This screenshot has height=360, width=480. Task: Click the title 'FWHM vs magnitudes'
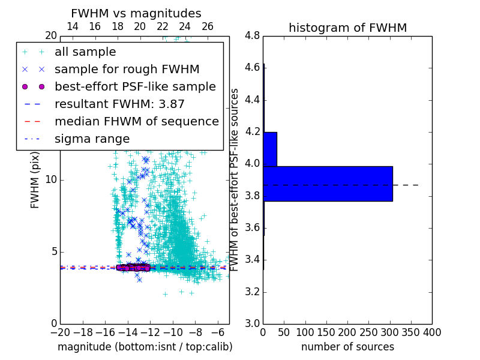[136, 13]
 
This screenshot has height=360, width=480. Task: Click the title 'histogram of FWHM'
[347, 28]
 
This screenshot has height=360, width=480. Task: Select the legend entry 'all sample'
[85, 52]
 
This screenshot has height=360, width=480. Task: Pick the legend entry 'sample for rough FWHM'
[127, 69]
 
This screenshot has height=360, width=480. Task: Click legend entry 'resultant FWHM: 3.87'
[119, 104]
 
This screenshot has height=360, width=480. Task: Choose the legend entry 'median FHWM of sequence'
[136, 121]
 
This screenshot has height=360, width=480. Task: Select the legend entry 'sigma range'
[92, 139]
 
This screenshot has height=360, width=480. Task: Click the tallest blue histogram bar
[328, 184]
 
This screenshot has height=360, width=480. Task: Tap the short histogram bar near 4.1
[270, 149]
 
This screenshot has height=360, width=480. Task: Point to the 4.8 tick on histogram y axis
[253, 36]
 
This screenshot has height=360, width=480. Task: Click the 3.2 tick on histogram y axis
[253, 292]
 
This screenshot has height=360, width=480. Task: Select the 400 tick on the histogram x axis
[432, 332]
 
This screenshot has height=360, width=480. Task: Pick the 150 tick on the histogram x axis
[326, 332]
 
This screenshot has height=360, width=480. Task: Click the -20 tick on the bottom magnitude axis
[60, 332]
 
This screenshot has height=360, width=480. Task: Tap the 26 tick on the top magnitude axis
[207, 26]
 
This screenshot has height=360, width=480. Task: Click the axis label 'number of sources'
[347, 347]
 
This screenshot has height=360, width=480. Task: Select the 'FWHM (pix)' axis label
[35, 180]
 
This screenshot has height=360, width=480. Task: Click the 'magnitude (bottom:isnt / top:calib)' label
[145, 347]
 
